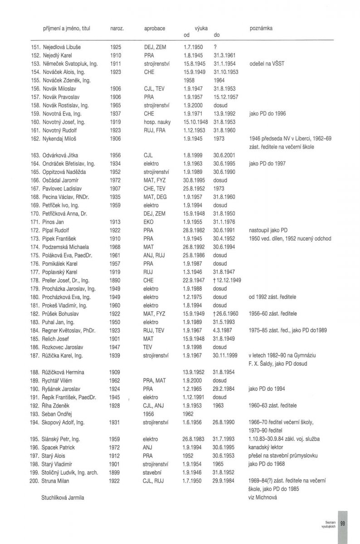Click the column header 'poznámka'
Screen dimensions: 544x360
[x=261, y=28]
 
